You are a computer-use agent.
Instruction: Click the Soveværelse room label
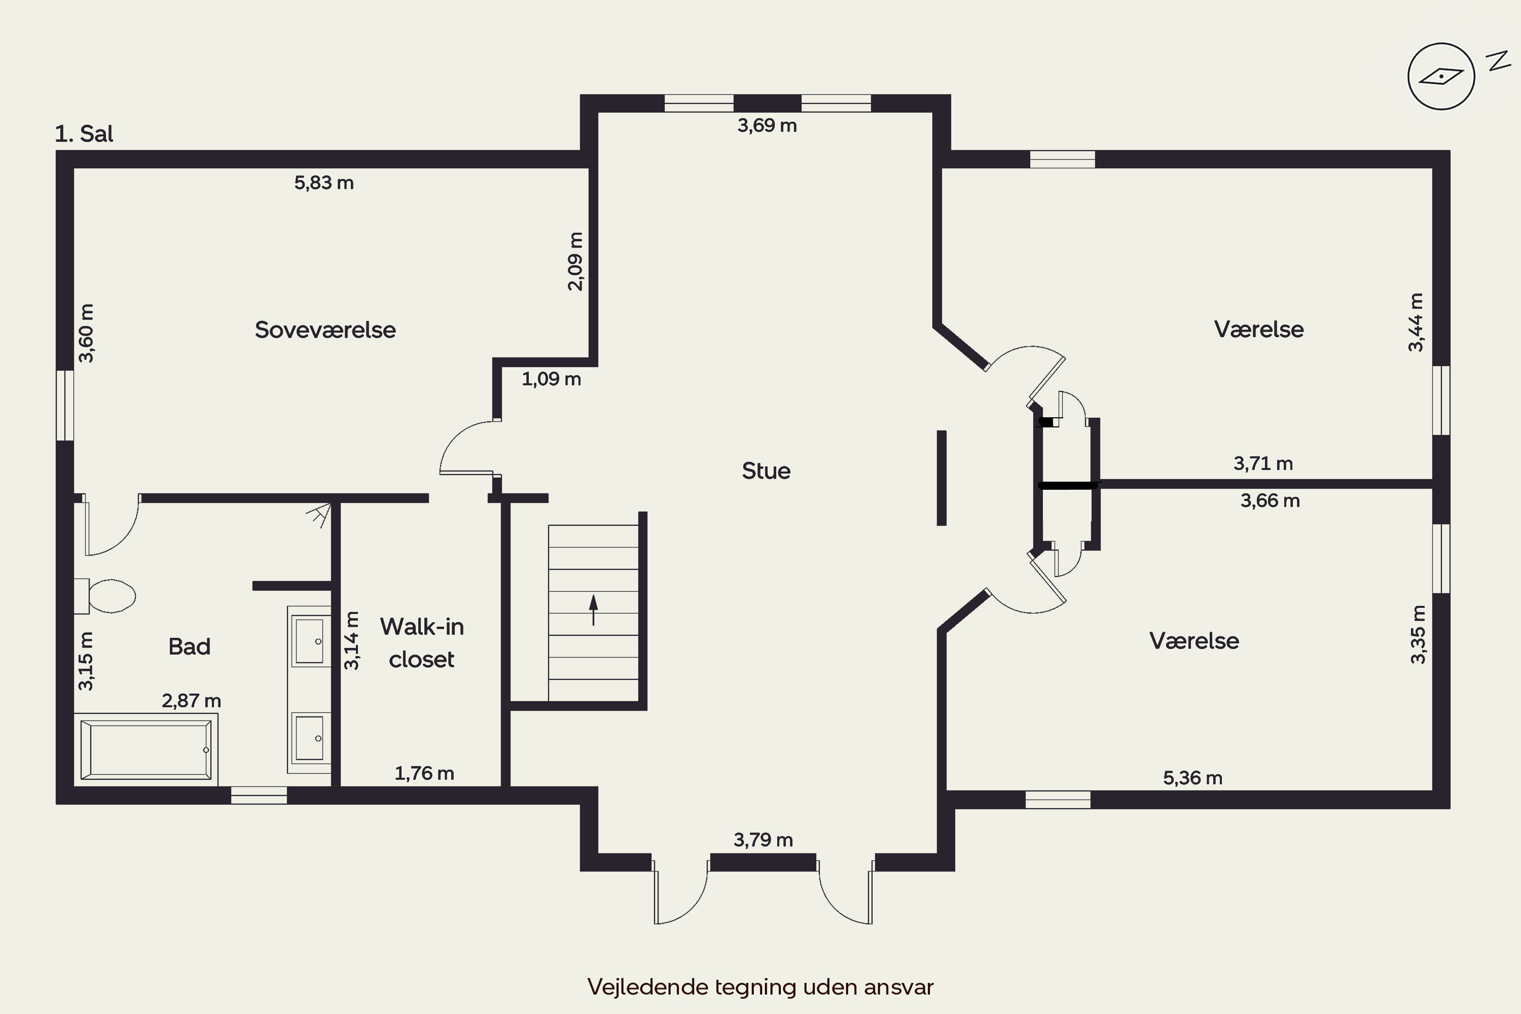(x=325, y=330)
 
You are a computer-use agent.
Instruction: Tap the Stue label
(x=766, y=471)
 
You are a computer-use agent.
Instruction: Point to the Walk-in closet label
(x=422, y=643)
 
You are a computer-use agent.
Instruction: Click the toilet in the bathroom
(x=105, y=596)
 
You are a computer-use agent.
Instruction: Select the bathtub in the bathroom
(x=146, y=749)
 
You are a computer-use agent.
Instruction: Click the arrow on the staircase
(x=593, y=610)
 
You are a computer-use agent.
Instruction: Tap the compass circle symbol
(x=1441, y=77)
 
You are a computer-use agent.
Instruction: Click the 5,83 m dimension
(x=324, y=183)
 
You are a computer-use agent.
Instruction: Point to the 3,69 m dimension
(x=767, y=125)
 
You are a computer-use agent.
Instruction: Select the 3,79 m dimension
(x=763, y=840)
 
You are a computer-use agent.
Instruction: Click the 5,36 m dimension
(x=1192, y=778)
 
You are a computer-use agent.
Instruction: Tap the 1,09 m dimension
(x=551, y=379)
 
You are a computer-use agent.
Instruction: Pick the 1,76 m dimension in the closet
(x=424, y=774)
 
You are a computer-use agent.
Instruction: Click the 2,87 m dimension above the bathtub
(x=192, y=701)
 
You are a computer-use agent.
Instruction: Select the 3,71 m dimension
(x=1263, y=464)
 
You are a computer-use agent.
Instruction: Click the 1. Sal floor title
(x=84, y=134)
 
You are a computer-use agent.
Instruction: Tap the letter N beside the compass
(x=1497, y=61)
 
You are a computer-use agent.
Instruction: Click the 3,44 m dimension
(x=1416, y=322)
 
